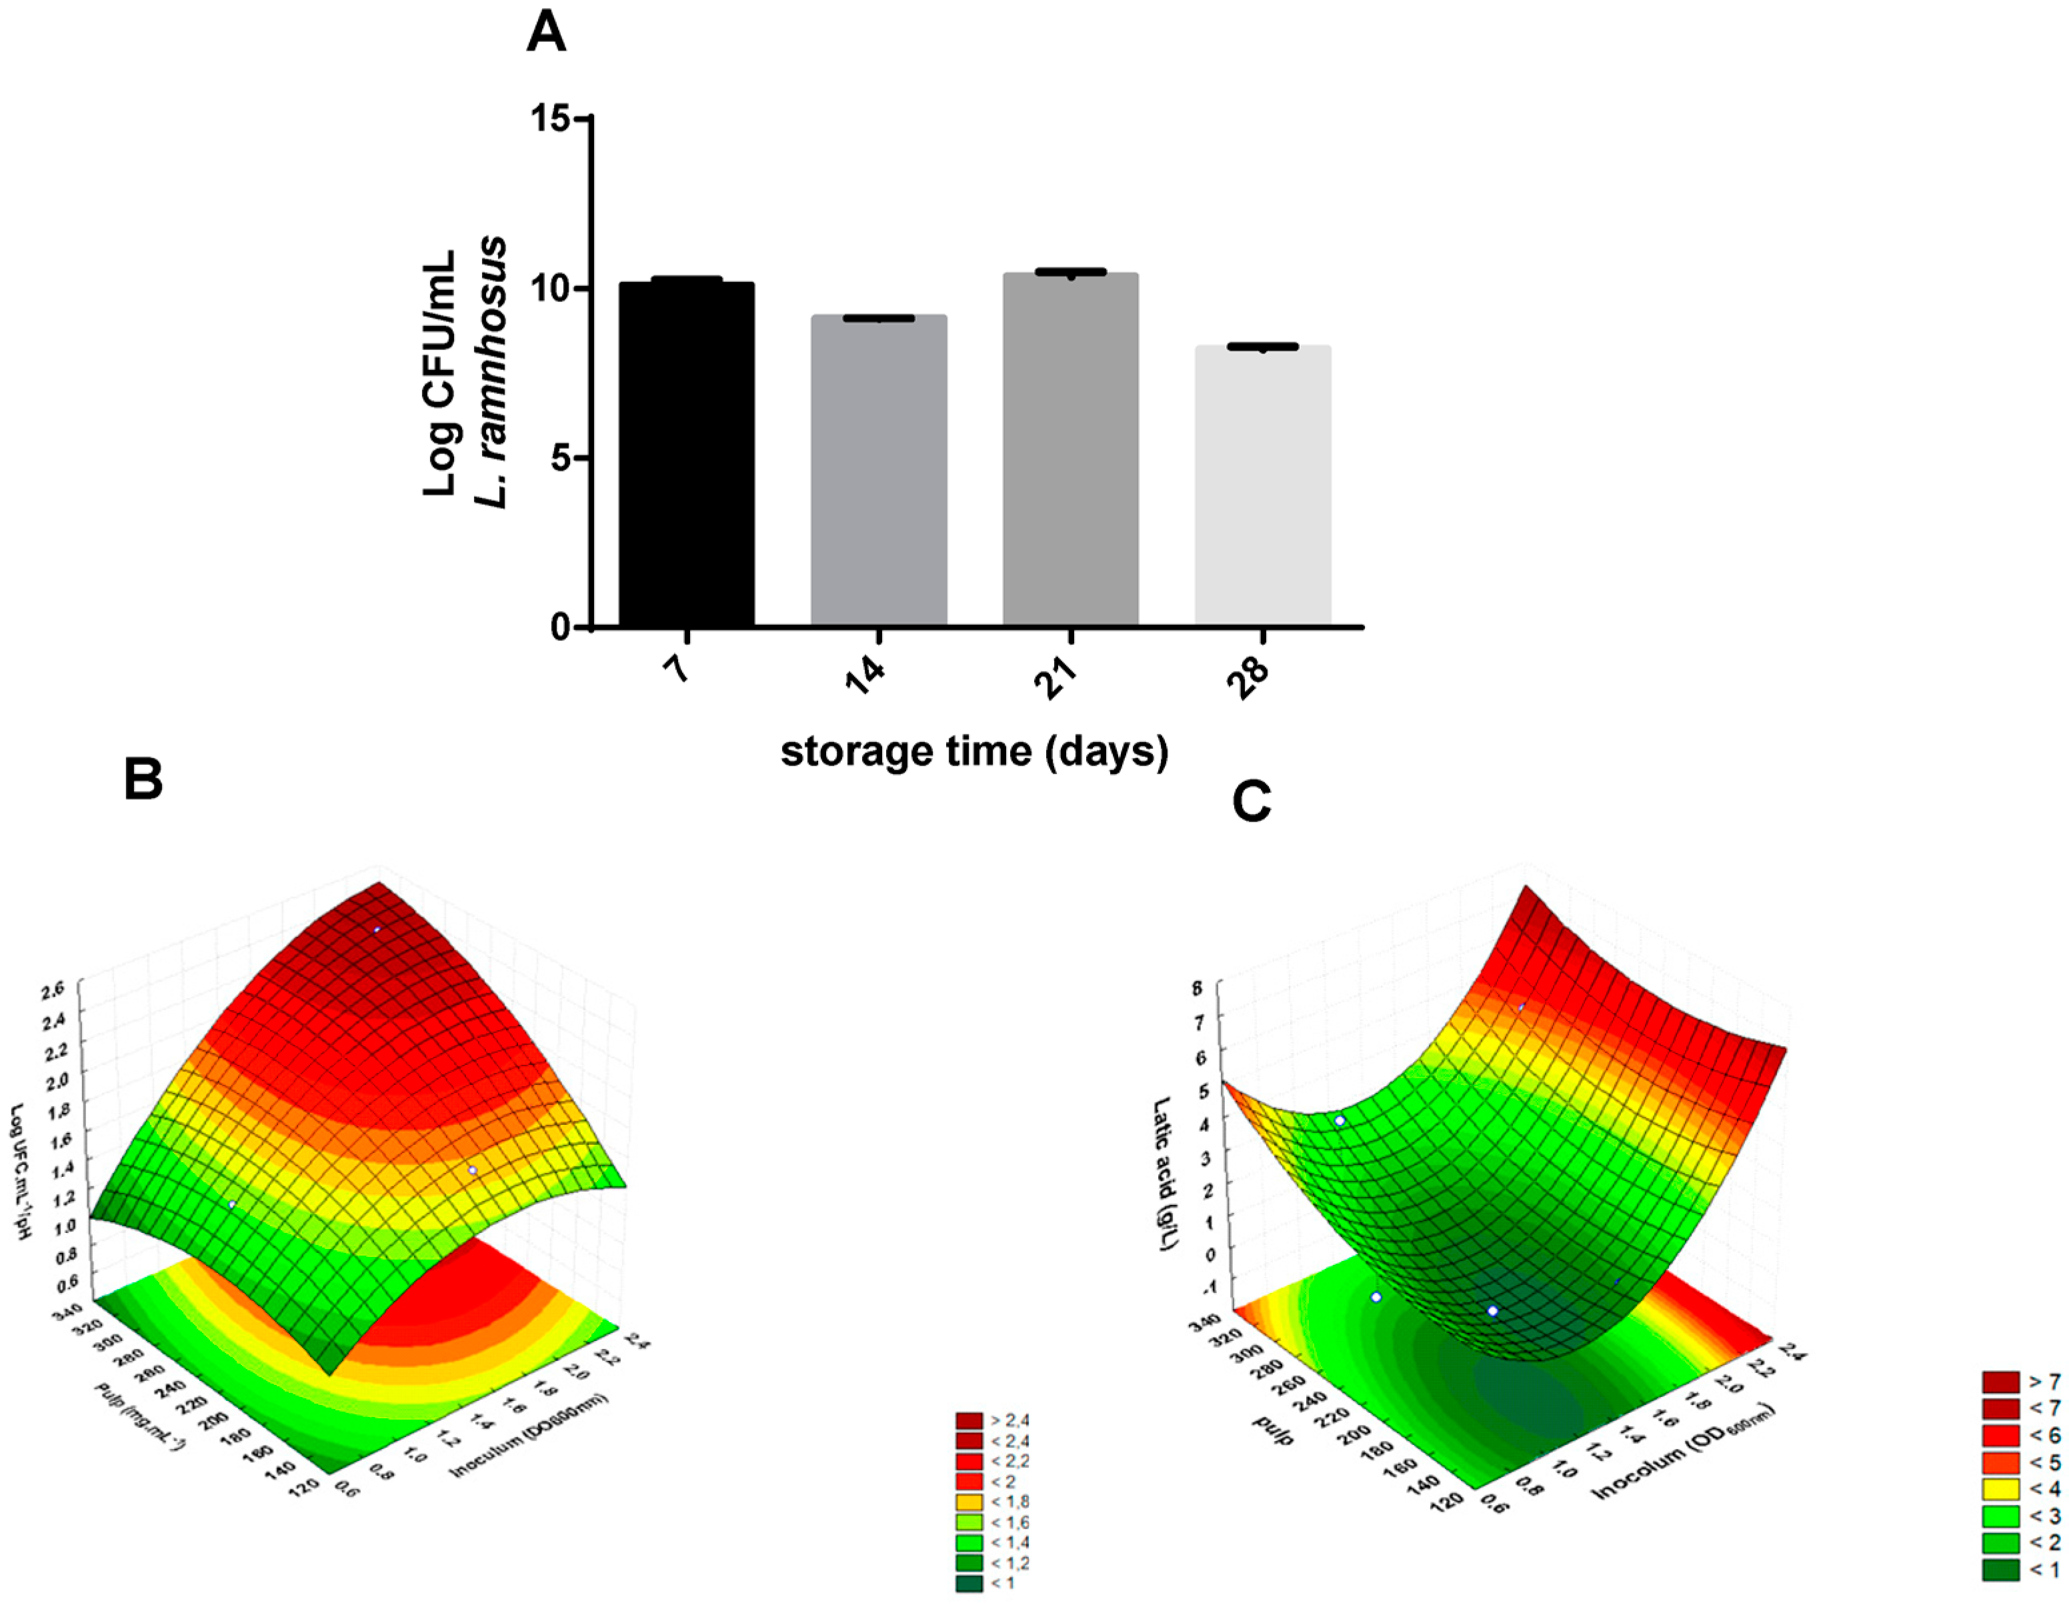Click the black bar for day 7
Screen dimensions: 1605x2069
pos(687,455)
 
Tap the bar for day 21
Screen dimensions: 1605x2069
pos(1070,450)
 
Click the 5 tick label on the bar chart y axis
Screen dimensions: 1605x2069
pos(560,459)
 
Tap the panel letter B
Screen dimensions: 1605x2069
pos(143,779)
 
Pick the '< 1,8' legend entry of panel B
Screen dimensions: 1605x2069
pos(992,1502)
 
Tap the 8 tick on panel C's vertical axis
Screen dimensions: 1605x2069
pos(1198,988)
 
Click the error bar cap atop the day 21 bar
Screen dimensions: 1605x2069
pos(1070,272)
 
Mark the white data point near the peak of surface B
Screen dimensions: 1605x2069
pos(377,930)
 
